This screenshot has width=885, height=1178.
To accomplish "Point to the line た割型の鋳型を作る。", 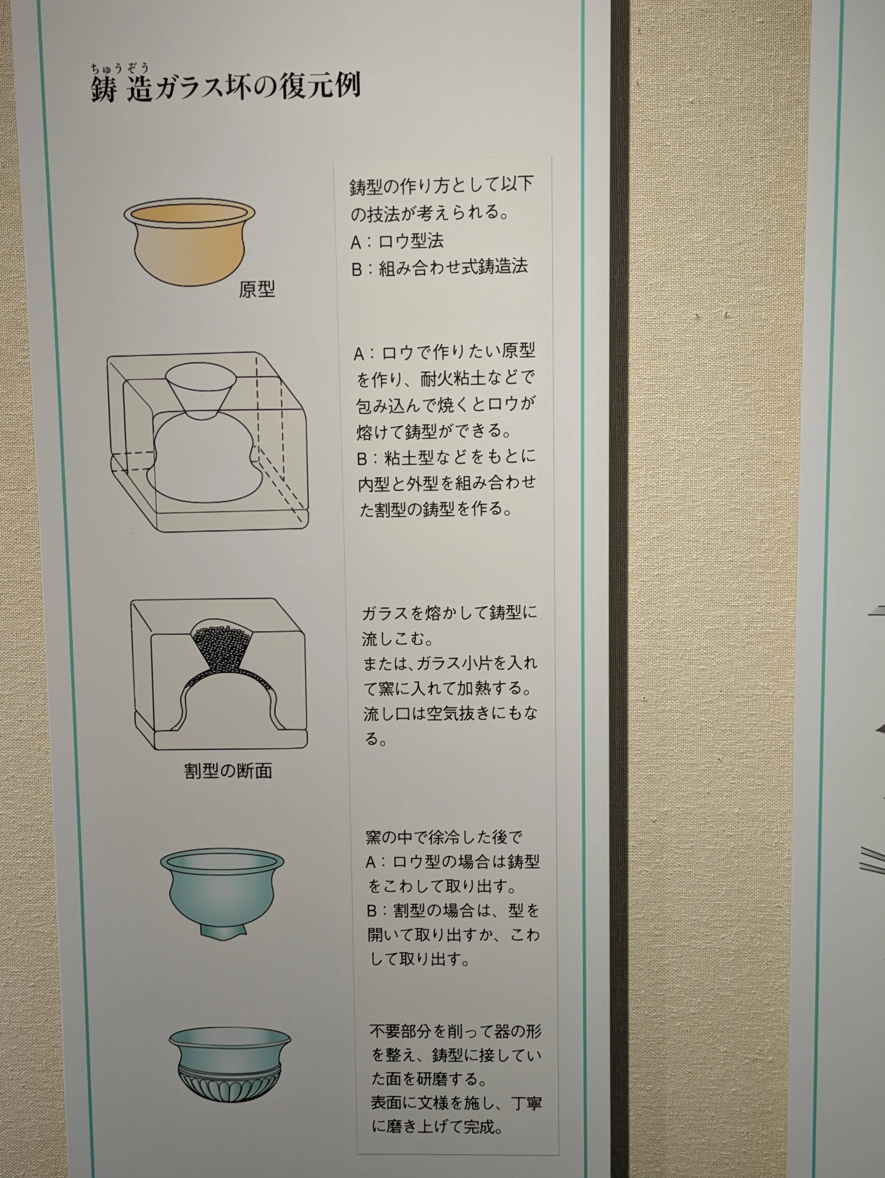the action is click(435, 508).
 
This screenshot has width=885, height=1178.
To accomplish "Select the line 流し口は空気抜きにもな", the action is click(450, 714).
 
